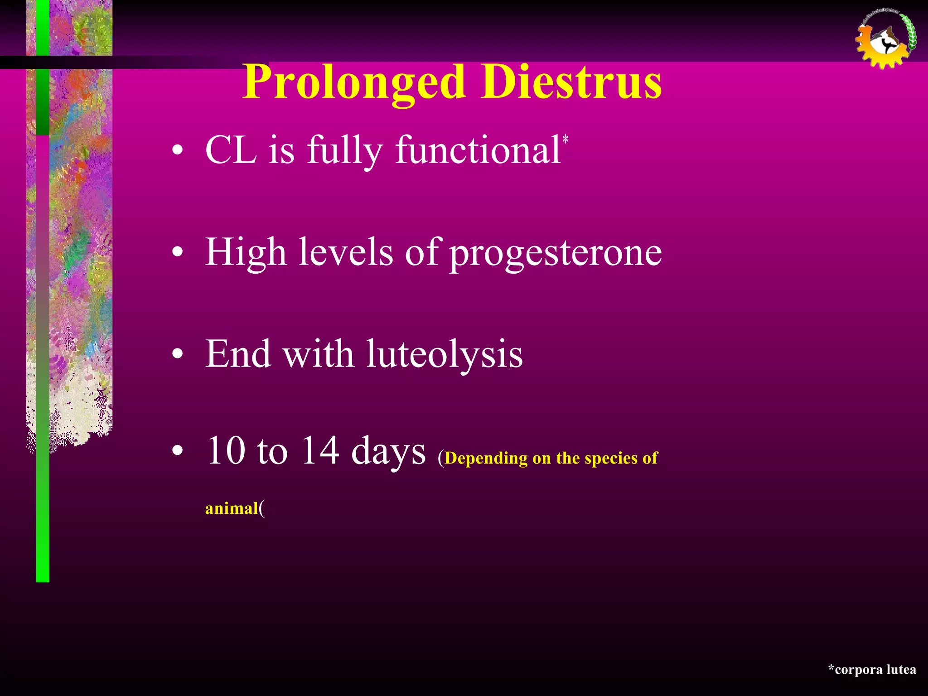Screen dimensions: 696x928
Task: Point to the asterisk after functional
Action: click(565, 139)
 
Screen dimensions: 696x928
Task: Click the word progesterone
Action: click(556, 253)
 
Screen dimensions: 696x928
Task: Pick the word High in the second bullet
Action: click(245, 253)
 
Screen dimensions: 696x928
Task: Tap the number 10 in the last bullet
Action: click(226, 451)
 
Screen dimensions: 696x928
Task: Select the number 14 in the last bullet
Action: click(320, 451)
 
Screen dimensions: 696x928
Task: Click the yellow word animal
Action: click(232, 508)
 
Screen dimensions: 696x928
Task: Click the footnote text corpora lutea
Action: click(875, 670)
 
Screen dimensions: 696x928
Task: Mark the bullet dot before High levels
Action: click(178, 253)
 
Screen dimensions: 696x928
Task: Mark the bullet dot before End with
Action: click(178, 355)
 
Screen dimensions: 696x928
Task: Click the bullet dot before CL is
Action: click(178, 150)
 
